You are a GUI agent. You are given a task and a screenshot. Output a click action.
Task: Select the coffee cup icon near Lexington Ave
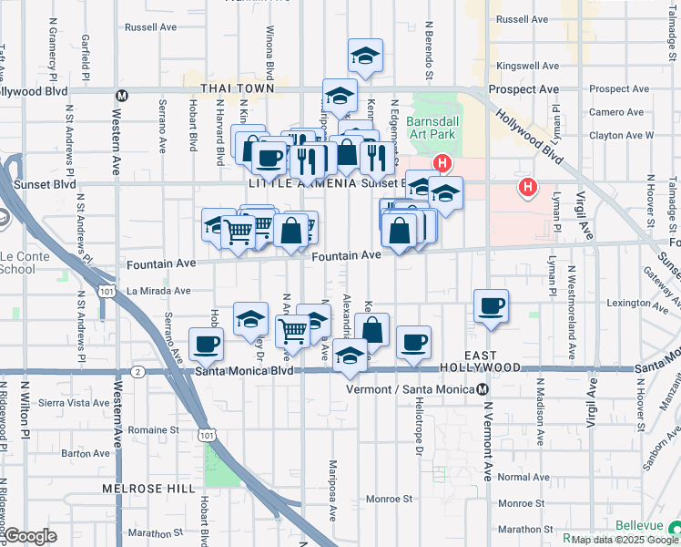pos(491,306)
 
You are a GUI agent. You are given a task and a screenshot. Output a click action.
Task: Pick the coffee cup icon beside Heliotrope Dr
pos(413,343)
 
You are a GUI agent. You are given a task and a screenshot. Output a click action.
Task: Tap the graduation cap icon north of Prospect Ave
pos(365,56)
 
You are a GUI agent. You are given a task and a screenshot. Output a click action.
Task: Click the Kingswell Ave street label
pos(528,67)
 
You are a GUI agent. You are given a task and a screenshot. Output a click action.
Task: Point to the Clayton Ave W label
pos(622,135)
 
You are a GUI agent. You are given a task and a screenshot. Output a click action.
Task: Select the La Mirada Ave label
pos(158,291)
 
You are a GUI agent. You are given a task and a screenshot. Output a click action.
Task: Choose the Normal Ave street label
pos(524,477)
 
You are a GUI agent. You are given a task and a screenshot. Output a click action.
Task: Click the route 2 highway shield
pos(137,371)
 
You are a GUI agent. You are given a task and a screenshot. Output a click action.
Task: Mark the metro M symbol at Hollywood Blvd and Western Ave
pos(119,92)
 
